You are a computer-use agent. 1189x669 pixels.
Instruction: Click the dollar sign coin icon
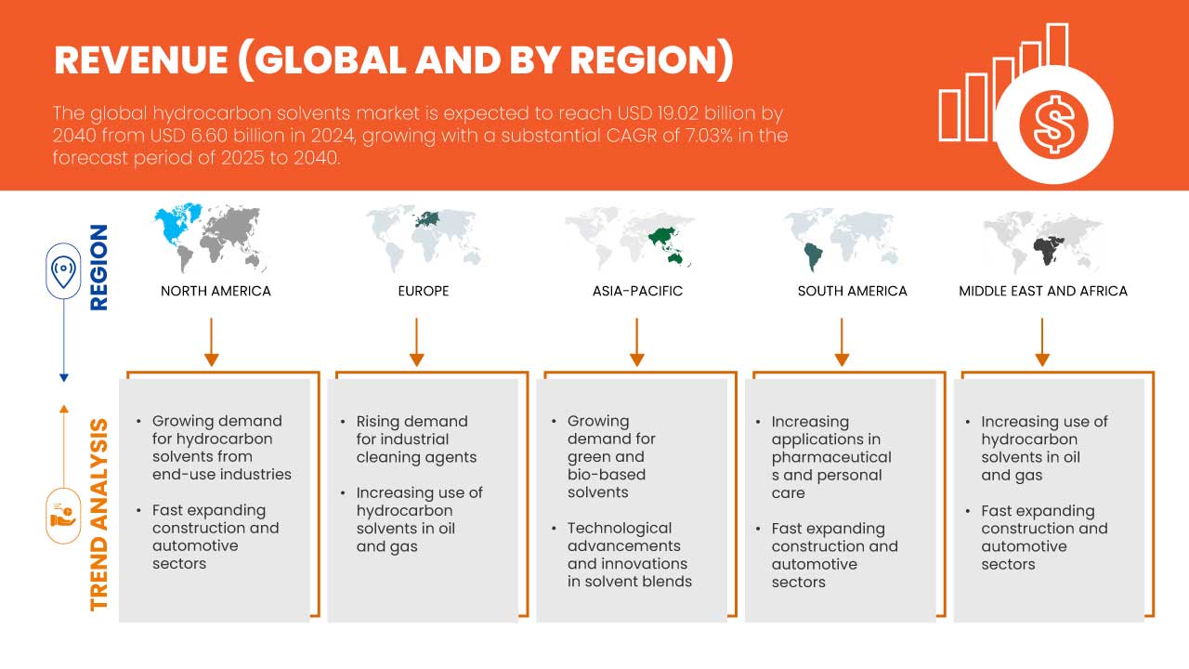tap(1053, 125)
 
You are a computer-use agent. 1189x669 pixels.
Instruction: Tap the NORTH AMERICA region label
tap(216, 291)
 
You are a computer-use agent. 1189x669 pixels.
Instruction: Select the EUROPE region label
tap(424, 291)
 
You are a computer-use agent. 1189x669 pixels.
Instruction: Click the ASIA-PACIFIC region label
tap(637, 291)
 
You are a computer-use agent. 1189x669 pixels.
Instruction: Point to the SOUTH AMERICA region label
tap(853, 291)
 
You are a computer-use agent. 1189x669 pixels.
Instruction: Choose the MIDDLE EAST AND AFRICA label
tap(1043, 291)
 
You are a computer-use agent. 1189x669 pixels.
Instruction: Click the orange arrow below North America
tap(211, 342)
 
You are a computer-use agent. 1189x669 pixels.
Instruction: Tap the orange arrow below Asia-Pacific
tap(636, 342)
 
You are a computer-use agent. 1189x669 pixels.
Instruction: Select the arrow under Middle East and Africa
tap(1042, 342)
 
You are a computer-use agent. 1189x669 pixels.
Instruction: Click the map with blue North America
tap(210, 237)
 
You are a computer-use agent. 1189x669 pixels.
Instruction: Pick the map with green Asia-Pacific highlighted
tap(630, 237)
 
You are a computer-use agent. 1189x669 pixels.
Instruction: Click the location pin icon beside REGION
tap(63, 271)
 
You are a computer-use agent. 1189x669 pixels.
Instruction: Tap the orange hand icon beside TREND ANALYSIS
tap(63, 516)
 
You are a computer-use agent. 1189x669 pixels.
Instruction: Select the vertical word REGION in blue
tap(99, 268)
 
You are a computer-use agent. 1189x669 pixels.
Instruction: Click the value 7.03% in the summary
tap(708, 136)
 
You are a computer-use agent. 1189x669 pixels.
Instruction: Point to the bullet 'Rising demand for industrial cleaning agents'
tap(410, 439)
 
